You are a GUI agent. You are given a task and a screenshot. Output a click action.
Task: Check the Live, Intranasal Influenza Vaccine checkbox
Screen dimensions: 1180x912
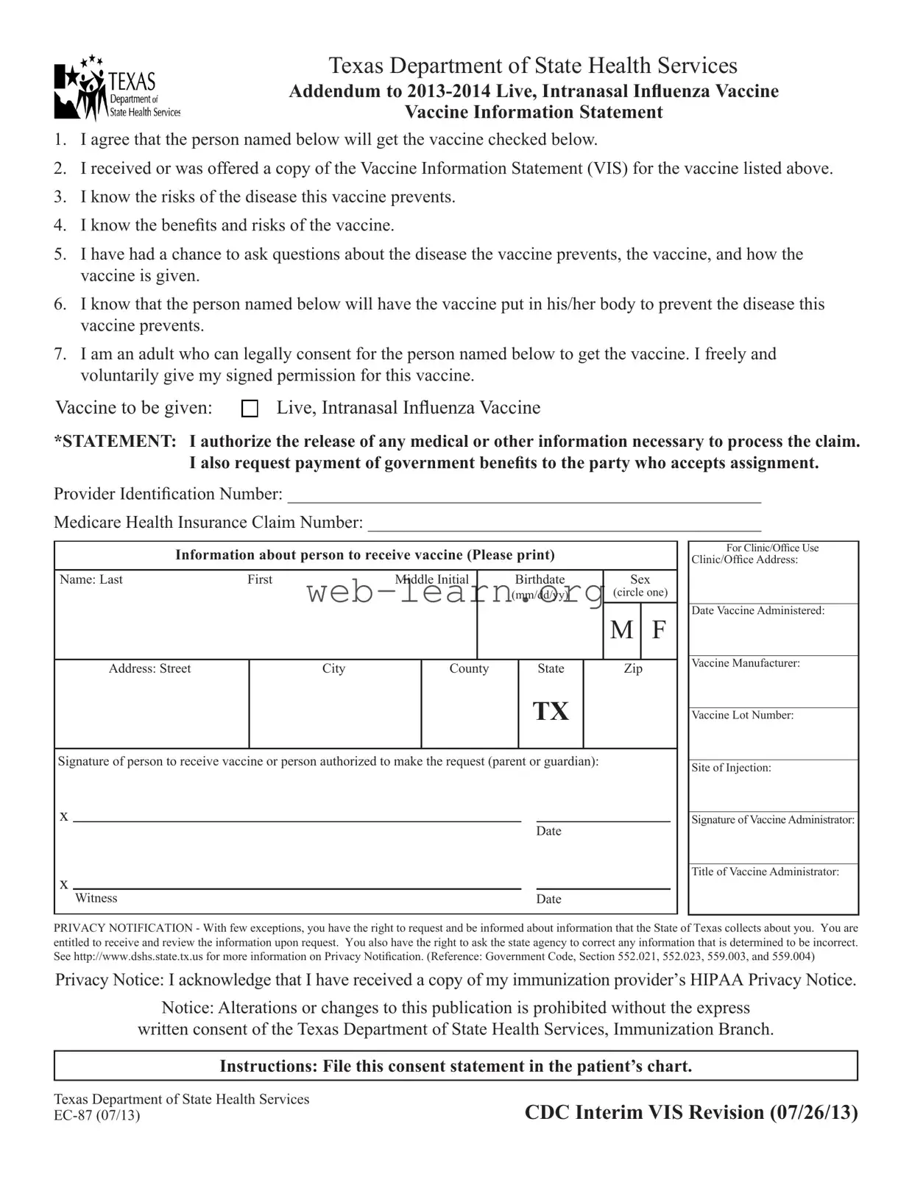(250, 409)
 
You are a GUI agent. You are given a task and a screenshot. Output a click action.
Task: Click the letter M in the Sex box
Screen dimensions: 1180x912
(622, 630)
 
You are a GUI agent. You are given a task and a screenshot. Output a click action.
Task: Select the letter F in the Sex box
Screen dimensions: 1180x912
(659, 630)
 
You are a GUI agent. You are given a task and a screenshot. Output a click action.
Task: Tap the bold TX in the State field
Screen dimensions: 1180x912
(551, 711)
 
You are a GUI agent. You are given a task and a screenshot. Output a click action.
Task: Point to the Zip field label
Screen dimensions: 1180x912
(633, 668)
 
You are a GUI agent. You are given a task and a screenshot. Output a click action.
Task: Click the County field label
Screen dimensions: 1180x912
(469, 668)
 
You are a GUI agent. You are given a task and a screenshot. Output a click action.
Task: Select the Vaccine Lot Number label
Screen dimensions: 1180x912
(742, 716)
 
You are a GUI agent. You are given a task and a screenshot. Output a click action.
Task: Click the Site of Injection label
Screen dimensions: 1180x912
(731, 768)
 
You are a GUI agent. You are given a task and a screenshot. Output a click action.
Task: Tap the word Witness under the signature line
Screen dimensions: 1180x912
(96, 898)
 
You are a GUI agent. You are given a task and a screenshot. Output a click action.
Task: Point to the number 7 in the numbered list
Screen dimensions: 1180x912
(60, 354)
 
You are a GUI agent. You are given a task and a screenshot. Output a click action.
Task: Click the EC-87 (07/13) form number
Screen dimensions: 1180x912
(96, 1115)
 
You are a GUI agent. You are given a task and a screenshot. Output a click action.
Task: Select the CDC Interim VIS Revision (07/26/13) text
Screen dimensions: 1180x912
(691, 1112)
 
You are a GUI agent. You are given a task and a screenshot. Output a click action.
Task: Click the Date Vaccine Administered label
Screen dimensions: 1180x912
(757, 611)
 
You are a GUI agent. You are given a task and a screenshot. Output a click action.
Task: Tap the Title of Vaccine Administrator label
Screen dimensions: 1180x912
(765, 872)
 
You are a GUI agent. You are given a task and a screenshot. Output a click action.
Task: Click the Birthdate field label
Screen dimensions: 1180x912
(540, 580)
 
